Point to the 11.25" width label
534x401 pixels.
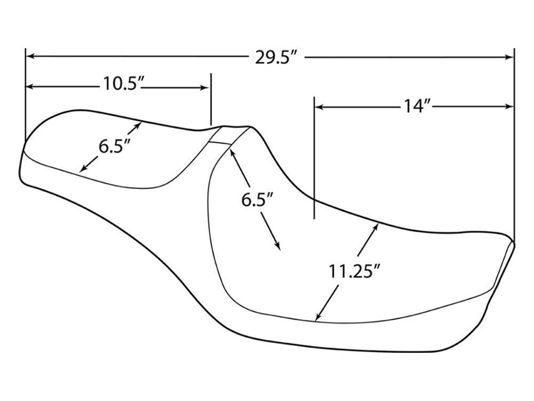click(354, 271)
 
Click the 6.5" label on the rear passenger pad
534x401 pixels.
click(114, 145)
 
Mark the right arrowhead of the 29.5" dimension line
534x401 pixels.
click(509, 57)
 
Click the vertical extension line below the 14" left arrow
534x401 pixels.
click(315, 160)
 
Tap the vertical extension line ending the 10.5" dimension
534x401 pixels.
click(211, 99)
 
